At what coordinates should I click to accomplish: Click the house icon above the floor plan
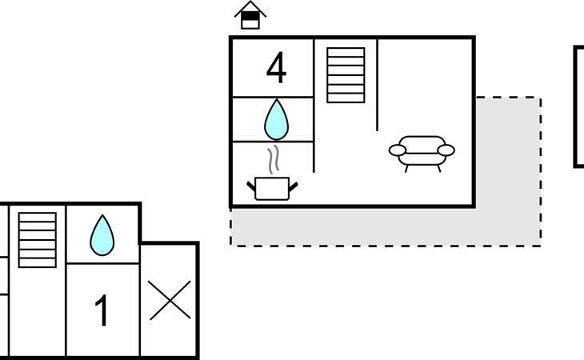point(250,15)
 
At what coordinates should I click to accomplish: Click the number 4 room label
point(276,68)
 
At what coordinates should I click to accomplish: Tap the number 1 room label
point(102,310)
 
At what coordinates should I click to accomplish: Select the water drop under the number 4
point(276,119)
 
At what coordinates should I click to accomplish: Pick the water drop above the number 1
point(102,235)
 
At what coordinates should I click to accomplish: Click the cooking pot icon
point(272,188)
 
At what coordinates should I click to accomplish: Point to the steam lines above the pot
point(273,160)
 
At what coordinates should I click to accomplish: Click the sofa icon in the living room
point(422,154)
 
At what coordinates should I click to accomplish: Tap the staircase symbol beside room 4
point(346,75)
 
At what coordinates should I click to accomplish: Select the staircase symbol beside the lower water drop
point(38,240)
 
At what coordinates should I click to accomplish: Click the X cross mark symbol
point(170,300)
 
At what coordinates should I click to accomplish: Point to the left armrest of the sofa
point(398,150)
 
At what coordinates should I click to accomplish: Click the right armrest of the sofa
point(446,150)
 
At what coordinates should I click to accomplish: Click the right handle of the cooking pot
point(294,187)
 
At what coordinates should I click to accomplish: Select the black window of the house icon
point(250,16)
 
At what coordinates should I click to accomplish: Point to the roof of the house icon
point(250,9)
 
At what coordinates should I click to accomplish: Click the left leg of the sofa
point(406,169)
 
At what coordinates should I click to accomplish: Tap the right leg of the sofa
point(439,169)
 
